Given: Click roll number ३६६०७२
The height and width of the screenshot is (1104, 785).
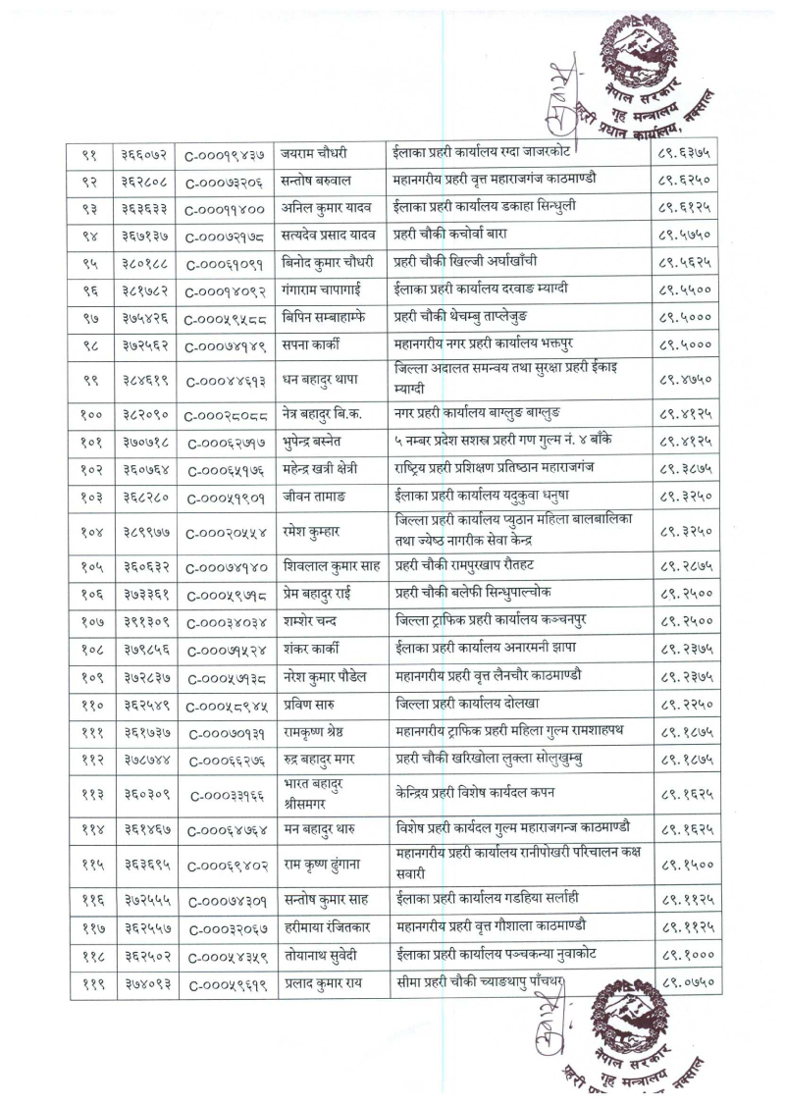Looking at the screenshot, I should pyautogui.click(x=144, y=155).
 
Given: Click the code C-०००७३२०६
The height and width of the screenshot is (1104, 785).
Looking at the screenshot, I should pyautogui.click(x=225, y=182).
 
